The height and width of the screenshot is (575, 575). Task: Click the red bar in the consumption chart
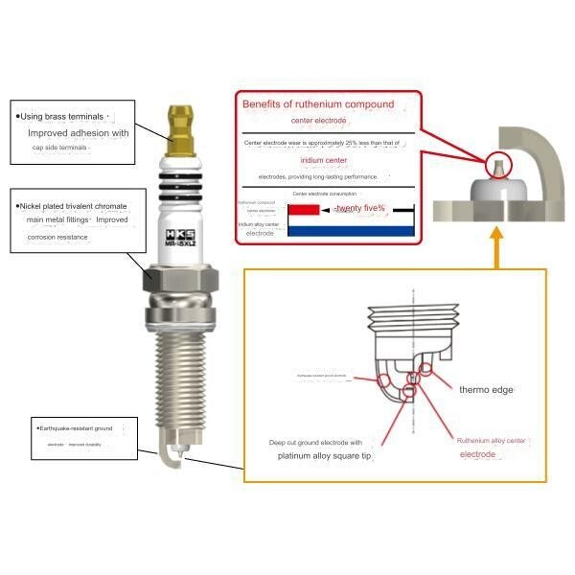(305, 209)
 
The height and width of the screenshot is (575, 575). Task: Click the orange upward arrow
(497, 248)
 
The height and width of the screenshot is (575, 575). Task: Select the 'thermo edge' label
(487, 390)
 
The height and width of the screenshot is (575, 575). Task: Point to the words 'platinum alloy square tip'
(324, 456)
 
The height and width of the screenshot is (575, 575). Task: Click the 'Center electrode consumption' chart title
(325, 194)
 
